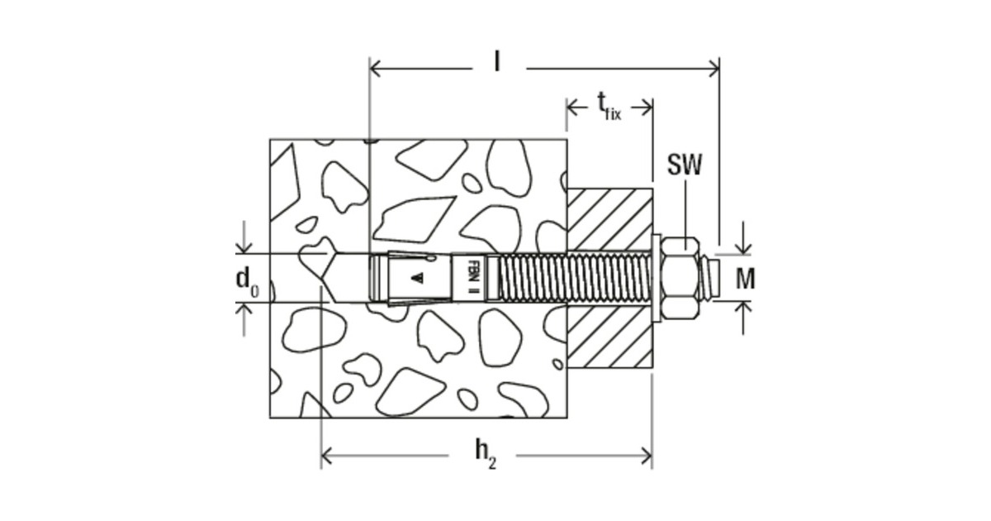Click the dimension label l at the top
pos(497,62)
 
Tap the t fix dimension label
pos(609,105)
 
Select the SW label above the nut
pos(685,165)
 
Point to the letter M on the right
pos(745,280)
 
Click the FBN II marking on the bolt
pos(474,278)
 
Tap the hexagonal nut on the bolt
pos(680,278)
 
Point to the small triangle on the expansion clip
pos(418,278)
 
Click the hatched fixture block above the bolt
pos(609,218)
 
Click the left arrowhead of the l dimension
pos(377,68)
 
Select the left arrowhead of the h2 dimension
pos(328,454)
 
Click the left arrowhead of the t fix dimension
pos(572,106)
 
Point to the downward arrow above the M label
pos(745,247)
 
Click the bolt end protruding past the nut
pos(710,278)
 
